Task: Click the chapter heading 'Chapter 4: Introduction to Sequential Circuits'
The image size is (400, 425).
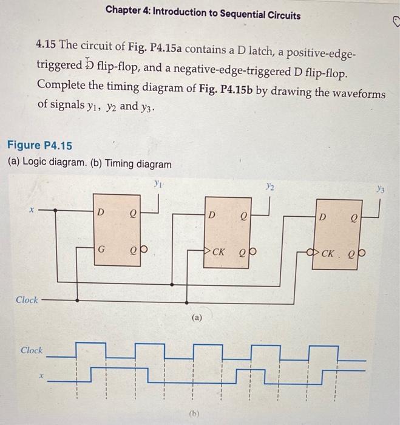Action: [203, 15]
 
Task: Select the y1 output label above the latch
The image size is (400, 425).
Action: [157, 182]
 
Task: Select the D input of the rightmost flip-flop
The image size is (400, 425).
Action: [323, 217]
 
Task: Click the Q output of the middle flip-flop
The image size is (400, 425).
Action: [243, 214]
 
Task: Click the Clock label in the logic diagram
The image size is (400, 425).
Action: [27, 300]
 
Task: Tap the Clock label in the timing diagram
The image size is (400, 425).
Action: [32, 350]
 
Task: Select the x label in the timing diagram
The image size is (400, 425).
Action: [41, 376]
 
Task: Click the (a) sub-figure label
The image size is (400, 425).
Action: [196, 317]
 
